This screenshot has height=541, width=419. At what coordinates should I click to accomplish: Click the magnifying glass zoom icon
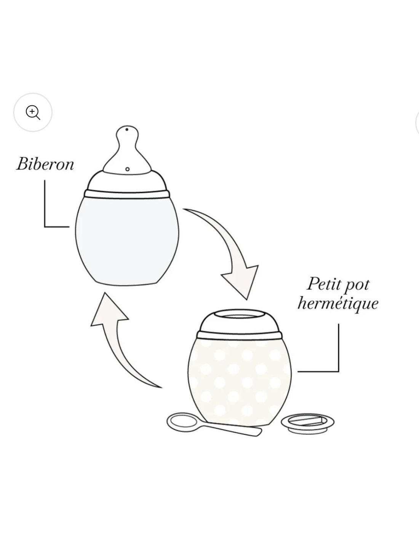33,113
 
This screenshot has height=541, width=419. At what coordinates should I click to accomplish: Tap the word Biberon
45,164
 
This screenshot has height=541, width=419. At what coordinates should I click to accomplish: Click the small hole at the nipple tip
127,129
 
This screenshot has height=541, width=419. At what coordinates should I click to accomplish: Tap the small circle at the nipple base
127,169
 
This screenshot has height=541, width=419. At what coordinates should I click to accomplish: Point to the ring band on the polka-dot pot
240,335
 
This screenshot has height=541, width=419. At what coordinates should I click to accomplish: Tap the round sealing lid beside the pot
307,423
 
